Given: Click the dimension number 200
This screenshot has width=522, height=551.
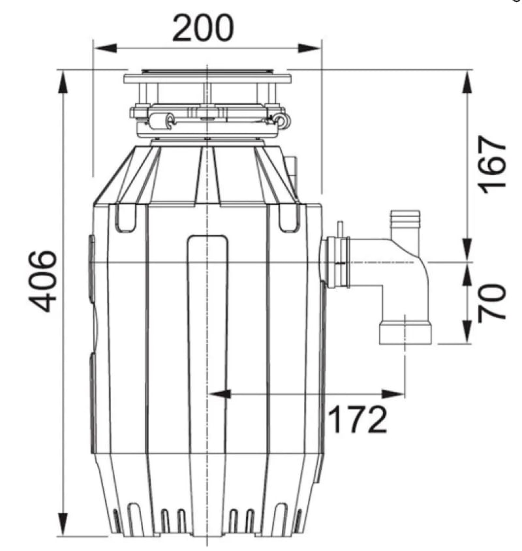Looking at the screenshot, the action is [203, 28].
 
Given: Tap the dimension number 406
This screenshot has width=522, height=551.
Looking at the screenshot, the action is [42, 281].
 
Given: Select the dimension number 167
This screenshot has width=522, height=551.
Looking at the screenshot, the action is [493, 165].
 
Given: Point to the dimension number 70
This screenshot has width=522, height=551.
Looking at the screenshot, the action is [492, 302].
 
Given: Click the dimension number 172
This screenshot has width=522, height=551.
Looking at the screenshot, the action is [358, 419].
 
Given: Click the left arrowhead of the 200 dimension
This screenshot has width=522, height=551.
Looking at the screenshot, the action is [104, 48].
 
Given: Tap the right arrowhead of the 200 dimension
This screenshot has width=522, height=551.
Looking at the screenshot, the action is [309, 48].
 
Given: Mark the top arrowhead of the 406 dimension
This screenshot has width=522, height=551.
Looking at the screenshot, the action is [63, 82].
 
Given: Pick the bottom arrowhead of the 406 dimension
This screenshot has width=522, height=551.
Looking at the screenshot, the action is [63, 525].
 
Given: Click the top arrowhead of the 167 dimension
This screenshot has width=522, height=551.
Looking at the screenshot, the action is [468, 82].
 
